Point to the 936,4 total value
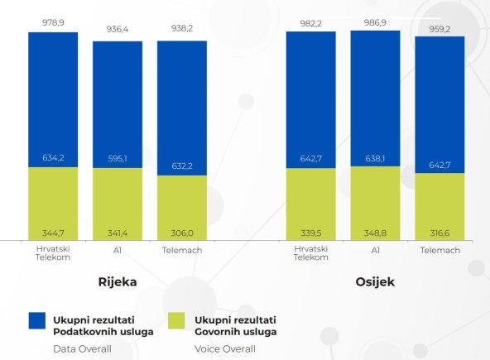[118, 28]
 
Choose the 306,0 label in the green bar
[182, 232]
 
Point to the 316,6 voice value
[440, 232]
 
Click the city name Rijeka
[118, 282]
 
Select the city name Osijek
[375, 282]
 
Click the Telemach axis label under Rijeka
[182, 249]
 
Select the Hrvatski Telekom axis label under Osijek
[310, 253]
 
